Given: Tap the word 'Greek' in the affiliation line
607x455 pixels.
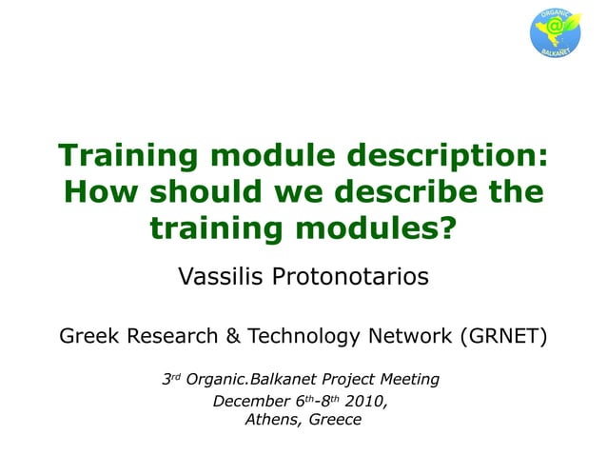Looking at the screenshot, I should click(x=88, y=336).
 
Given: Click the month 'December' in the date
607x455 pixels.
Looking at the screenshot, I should click(x=248, y=400).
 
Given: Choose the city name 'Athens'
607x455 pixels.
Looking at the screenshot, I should click(x=270, y=419).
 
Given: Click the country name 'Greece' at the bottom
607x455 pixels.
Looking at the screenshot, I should click(x=334, y=419).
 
